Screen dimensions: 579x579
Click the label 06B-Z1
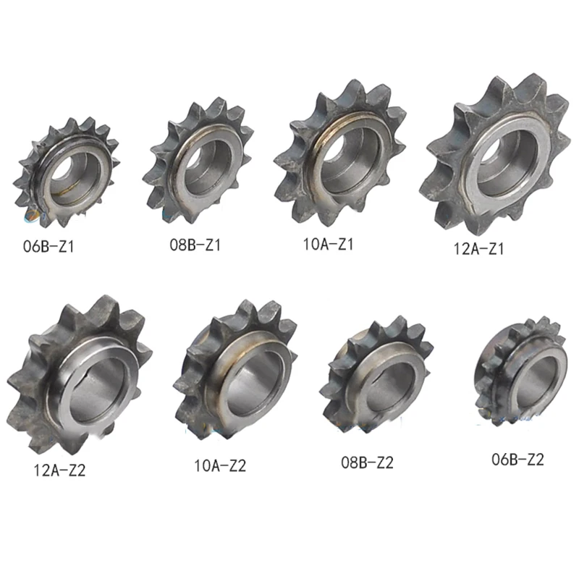pos(48,247)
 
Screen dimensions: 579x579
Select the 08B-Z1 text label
pos(195,245)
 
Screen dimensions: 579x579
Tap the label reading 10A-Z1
pos(329,244)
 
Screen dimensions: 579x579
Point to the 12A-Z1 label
pos(478,249)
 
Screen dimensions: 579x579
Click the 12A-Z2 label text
pos(59,470)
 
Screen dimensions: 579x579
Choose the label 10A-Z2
pos(220,465)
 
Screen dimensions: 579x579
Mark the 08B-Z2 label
pos(367,462)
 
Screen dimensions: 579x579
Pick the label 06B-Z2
pos(517,460)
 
